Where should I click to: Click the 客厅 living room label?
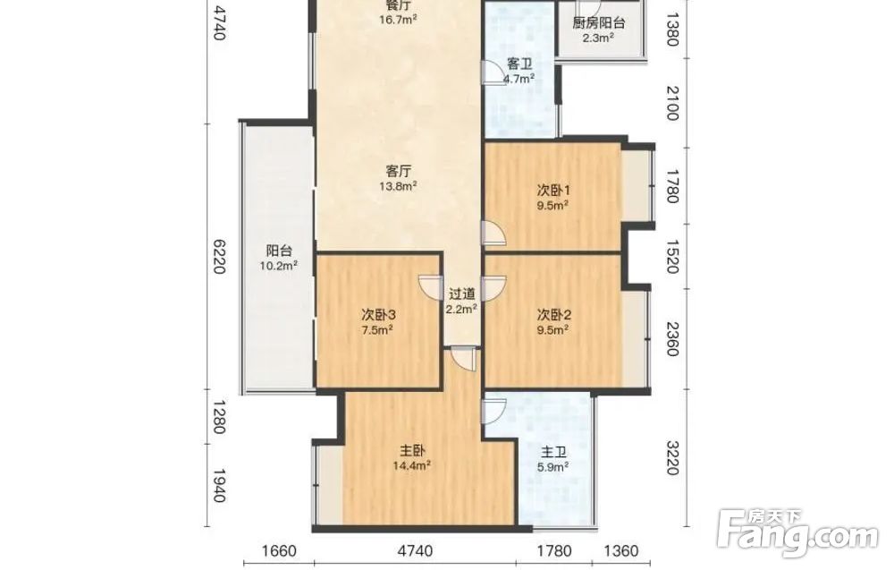pos(399,171)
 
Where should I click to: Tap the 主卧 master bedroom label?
pos(412,451)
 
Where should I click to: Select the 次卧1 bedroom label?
pos(553,191)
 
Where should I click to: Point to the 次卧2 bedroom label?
pos(554,314)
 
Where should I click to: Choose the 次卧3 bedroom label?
pos(378,314)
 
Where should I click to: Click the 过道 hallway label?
pos(461,294)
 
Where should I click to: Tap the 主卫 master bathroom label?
pos(553,453)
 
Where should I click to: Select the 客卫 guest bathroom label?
pos(519,64)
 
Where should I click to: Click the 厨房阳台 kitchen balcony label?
pos(598,23)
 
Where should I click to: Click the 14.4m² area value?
pos(411,465)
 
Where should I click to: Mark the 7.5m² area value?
pos(377,329)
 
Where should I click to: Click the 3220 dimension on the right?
pos(673,458)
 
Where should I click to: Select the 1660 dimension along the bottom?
pos(279,551)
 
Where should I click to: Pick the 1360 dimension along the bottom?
pos(621,551)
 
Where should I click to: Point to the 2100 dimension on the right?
pos(673,103)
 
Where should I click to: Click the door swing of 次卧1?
pos(493,234)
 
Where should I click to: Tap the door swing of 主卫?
pos(493,410)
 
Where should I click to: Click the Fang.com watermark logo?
pos(798,533)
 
